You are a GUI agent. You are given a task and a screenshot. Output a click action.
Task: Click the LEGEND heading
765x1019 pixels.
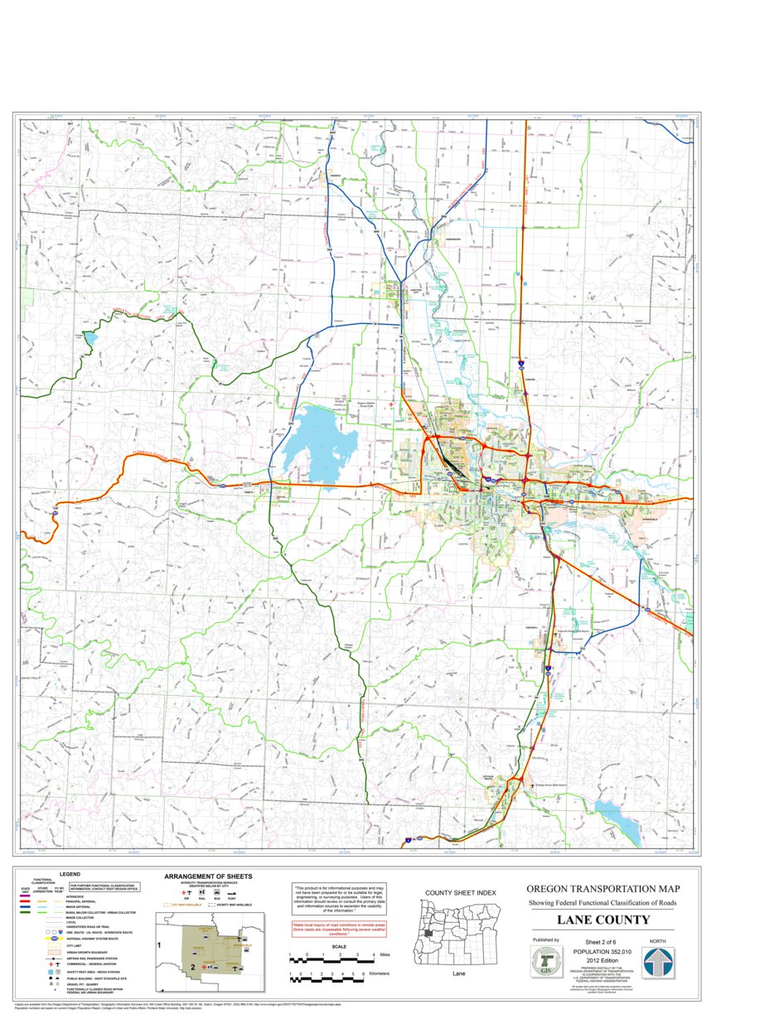(70, 874)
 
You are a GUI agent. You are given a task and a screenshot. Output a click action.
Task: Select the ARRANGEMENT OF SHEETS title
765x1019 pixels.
(208, 876)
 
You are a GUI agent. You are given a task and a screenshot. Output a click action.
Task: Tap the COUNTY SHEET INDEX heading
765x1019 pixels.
(460, 892)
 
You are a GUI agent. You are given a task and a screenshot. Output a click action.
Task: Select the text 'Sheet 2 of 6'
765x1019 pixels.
(603, 942)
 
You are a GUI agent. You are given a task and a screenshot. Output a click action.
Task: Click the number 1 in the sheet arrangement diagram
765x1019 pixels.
(157, 944)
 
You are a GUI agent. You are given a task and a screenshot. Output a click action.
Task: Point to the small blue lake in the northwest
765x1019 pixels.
(89, 337)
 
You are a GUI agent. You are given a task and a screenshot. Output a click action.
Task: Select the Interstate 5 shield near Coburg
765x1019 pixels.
(521, 363)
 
